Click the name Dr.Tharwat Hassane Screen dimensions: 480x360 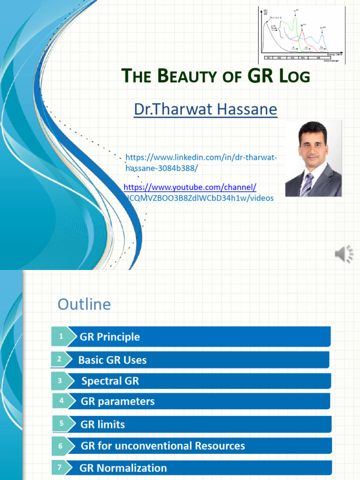tap(205, 110)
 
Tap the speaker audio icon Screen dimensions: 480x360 tap(344, 254)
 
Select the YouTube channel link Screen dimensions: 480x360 tap(190, 187)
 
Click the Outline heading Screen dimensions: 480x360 tap(84, 304)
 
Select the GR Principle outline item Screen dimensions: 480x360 tap(110, 337)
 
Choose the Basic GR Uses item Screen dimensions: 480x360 tap(112, 360)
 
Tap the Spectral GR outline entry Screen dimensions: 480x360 tap(110, 381)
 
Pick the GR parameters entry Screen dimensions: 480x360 tap(118, 401)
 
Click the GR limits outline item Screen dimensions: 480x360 tap(103, 424)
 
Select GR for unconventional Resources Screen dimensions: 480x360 tap(163, 446)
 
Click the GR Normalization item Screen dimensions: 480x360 tap(123, 468)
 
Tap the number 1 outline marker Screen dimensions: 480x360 tap(61, 336)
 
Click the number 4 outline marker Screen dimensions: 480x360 tap(61, 401)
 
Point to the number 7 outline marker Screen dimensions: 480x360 tap(60, 467)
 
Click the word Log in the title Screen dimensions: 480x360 tap(295, 75)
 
